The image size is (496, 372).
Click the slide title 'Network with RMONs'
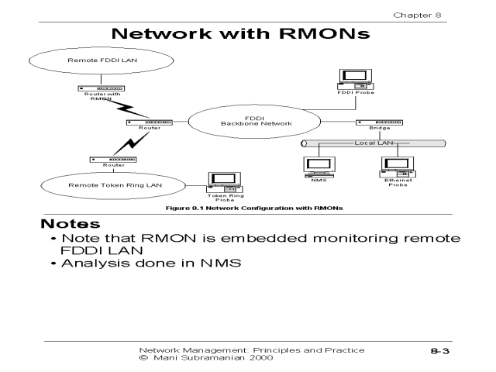pos(248,35)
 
